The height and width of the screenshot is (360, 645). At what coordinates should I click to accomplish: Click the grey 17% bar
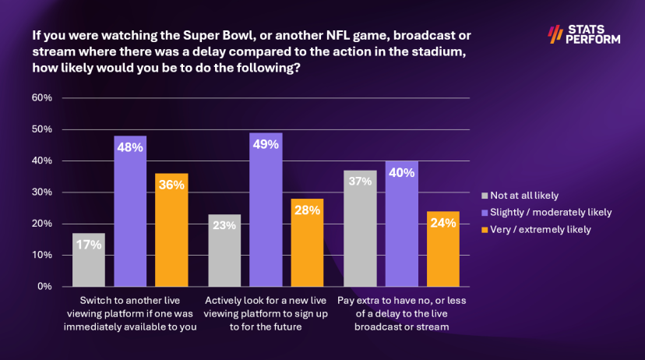click(89, 259)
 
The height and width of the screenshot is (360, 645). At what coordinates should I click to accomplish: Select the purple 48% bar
click(130, 211)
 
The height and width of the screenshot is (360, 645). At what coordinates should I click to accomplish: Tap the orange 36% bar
click(171, 230)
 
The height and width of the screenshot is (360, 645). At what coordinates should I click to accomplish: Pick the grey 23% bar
click(224, 250)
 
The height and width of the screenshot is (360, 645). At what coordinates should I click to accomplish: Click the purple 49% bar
click(266, 210)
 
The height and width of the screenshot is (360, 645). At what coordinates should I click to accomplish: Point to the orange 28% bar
click(307, 242)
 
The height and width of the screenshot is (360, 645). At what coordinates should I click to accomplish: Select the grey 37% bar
click(361, 228)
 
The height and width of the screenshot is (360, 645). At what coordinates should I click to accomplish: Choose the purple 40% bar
click(402, 224)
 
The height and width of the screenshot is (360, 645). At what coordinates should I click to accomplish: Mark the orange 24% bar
click(443, 249)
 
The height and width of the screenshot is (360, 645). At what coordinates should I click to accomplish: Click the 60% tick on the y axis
click(42, 98)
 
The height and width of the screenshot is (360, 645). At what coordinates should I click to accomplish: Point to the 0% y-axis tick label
click(45, 286)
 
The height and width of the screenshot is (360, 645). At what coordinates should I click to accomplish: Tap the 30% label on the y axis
click(42, 192)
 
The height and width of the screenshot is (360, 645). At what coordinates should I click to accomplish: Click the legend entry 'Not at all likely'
click(520, 196)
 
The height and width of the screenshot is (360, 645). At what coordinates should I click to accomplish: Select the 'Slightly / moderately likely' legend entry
click(547, 212)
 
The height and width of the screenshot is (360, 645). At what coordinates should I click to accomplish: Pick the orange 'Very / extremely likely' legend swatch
click(485, 230)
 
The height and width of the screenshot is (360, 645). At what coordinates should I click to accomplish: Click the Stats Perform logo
click(584, 34)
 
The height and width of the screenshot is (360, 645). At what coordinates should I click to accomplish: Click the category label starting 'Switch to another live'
click(130, 313)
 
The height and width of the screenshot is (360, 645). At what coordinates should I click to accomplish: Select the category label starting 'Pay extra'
click(402, 313)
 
